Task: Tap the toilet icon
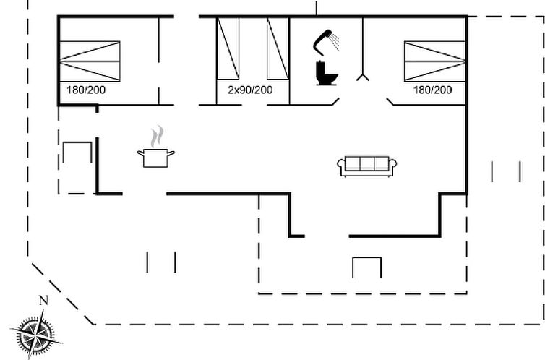coord(327,73)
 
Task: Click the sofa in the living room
coord(366,166)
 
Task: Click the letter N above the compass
coord(43,300)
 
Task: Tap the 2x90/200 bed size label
coord(250,90)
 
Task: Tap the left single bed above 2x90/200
coord(228,48)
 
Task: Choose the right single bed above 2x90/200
coord(278,48)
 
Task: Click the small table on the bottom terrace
coord(366,267)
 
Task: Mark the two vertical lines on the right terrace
coord(506,171)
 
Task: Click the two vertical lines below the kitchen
coord(161,262)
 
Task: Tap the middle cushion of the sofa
coord(366,163)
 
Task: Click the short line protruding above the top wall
coord(317,8)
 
